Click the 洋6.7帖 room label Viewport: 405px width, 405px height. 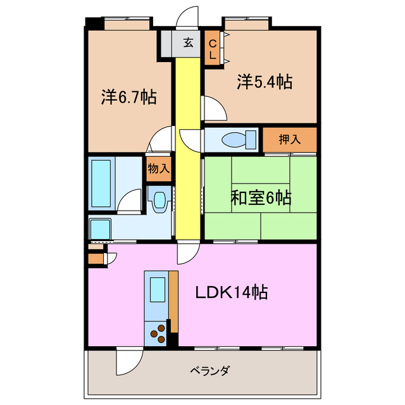[128, 97]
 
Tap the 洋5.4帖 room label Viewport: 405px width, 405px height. [265, 82]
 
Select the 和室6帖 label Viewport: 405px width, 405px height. [260, 198]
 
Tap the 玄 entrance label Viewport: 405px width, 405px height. [189, 43]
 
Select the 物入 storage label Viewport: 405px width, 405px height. [158, 168]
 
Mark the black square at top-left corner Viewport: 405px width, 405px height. [94, 23]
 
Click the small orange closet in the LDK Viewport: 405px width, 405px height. [96, 258]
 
